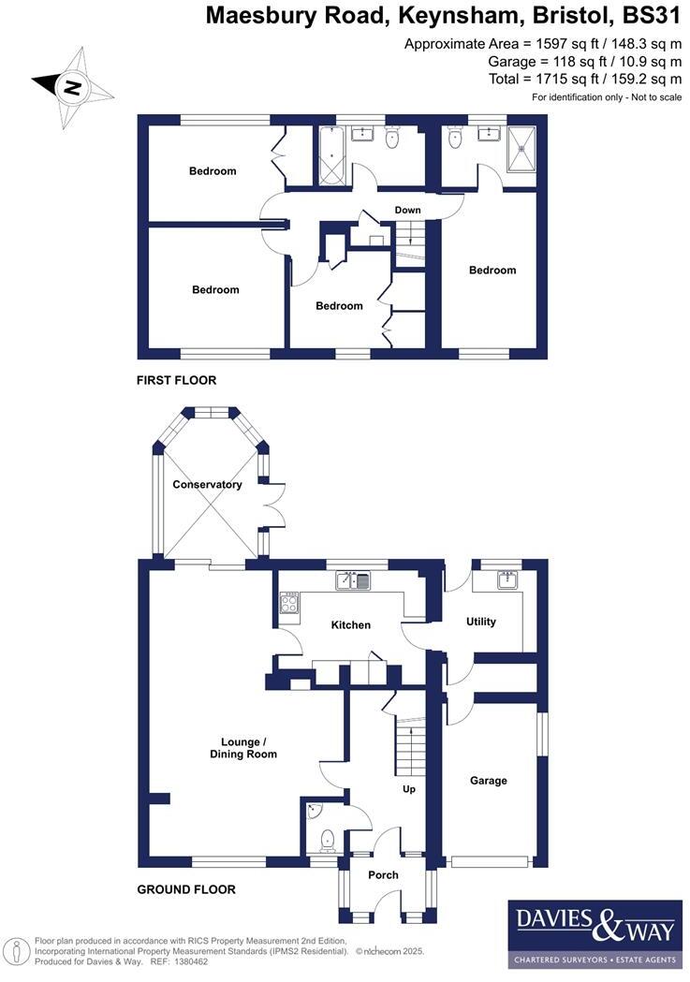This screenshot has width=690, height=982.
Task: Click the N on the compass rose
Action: tap(71, 88)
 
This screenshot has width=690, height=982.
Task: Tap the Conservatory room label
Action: tap(207, 485)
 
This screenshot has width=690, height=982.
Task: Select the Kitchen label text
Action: tap(351, 625)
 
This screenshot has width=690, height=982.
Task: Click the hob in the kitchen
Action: tap(289, 607)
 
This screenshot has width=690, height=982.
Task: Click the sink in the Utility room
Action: tap(508, 580)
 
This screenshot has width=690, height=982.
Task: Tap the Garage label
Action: tap(489, 781)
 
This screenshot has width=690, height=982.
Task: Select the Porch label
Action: tap(383, 875)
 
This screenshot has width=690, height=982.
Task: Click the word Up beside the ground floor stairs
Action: tap(408, 789)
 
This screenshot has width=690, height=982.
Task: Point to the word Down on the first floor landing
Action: tap(407, 210)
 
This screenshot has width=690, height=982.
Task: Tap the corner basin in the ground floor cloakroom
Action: tap(314, 809)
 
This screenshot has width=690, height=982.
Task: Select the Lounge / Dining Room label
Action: tap(243, 748)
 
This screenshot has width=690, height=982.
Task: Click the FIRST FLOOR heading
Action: tap(176, 381)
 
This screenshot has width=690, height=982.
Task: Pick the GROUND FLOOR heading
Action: tap(186, 890)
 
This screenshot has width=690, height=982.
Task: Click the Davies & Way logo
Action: tap(595, 933)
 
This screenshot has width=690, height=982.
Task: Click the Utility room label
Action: tap(480, 622)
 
